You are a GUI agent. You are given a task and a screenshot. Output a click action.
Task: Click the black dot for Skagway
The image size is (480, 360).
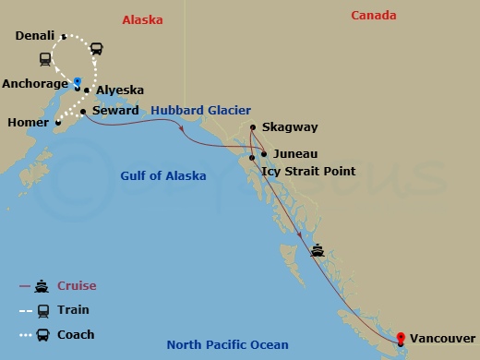coord(253,127)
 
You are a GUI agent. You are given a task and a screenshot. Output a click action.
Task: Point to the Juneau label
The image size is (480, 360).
coord(296,154)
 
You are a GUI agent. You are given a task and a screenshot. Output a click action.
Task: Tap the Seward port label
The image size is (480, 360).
coord(116,111)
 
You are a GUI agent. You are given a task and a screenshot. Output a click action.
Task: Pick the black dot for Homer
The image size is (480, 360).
coord(57,122)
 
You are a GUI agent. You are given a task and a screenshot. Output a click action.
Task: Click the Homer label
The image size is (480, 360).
coord(27,122)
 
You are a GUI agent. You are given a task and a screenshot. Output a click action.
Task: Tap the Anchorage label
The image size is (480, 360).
coord(34,81)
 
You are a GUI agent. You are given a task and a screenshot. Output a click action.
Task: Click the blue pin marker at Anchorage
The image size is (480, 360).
coord(78,79)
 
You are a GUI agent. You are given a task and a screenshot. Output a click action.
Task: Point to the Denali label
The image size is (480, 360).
coord(37,37)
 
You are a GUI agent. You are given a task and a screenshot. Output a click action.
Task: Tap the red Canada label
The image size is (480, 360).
coord(374,16)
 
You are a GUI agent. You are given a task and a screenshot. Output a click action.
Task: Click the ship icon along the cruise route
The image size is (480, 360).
coord(318,249)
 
